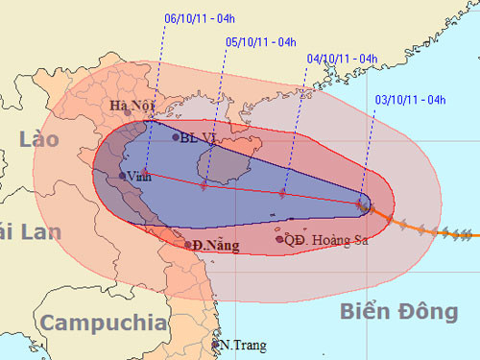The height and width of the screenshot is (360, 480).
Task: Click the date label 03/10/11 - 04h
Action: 404,99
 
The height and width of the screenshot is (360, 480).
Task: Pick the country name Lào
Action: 39,140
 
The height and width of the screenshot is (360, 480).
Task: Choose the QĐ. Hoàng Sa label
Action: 327,239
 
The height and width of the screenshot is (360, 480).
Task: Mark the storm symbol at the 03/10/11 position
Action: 363,204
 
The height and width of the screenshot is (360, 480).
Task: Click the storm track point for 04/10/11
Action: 282,193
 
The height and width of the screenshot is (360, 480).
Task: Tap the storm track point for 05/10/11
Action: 204,184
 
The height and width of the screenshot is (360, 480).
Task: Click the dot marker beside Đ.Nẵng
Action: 188,245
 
